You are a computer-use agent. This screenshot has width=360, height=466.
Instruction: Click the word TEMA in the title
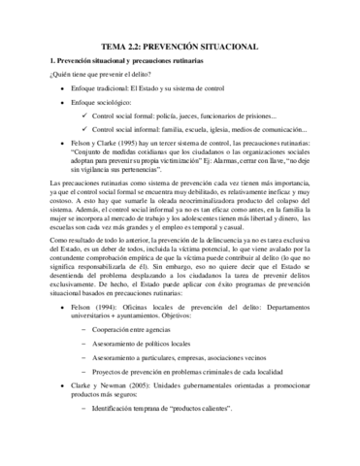click(115, 45)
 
